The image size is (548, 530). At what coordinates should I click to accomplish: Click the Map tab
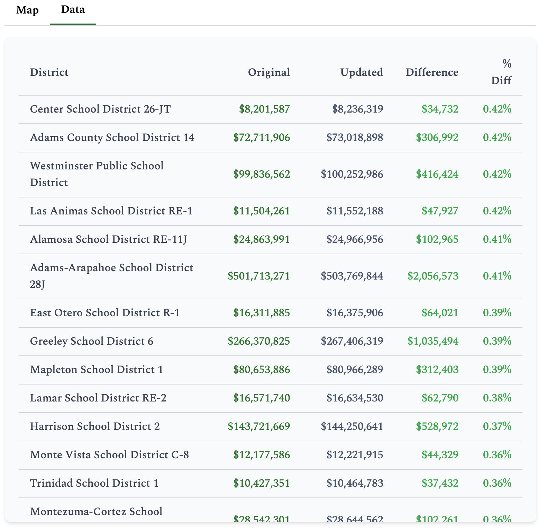[x=27, y=10]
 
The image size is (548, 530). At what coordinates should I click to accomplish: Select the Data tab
[x=73, y=9]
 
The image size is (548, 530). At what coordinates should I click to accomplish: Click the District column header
[x=49, y=72]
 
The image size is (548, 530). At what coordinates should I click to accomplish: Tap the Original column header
[x=269, y=72]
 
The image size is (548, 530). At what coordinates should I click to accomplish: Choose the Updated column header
[x=362, y=72]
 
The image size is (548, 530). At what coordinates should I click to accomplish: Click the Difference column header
[x=432, y=72]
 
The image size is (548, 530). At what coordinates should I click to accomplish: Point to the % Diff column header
[x=501, y=72]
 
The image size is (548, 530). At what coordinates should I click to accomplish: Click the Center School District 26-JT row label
[x=100, y=109]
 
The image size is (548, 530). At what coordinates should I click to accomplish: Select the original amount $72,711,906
[x=262, y=138]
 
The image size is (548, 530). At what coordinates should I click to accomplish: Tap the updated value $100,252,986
[x=352, y=174]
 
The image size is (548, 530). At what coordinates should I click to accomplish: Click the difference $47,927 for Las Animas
[x=440, y=211]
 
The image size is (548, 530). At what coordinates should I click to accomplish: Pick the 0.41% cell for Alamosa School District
[x=497, y=239]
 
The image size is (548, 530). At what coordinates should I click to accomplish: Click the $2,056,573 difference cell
[x=433, y=276]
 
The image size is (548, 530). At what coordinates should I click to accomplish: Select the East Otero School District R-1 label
[x=105, y=313]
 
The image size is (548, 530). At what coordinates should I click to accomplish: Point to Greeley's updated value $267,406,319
[x=352, y=341]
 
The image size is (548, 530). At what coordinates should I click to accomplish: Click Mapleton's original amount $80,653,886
[x=262, y=370]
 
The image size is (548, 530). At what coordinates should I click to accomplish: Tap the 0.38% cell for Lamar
[x=497, y=398]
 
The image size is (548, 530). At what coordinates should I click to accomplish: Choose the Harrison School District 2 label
[x=95, y=426]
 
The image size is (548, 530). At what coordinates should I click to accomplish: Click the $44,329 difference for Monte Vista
[x=440, y=455]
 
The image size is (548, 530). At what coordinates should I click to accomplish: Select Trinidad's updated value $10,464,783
[x=355, y=483]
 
